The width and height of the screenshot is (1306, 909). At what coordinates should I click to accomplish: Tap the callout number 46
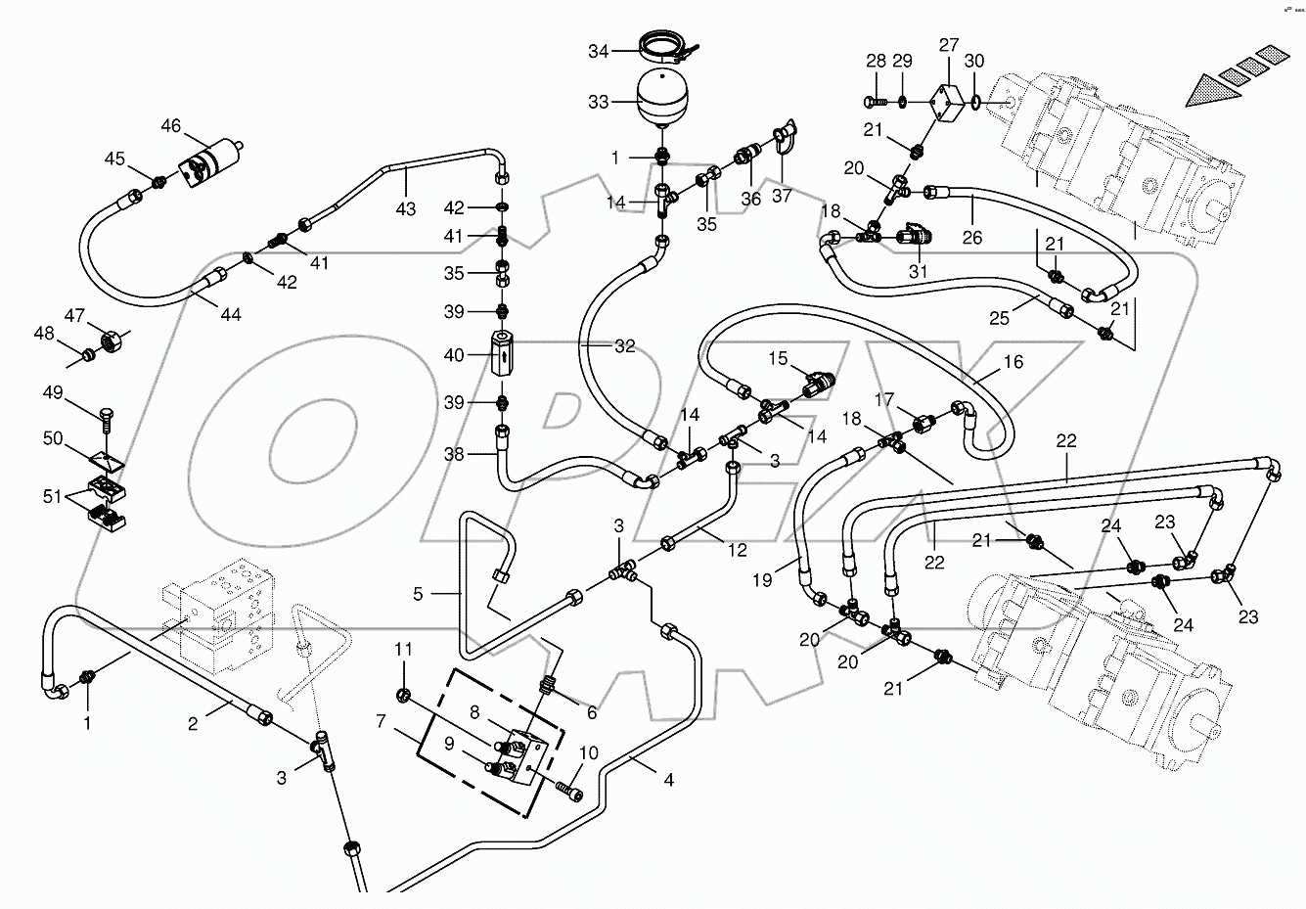[171, 126]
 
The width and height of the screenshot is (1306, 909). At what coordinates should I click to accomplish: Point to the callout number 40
[454, 355]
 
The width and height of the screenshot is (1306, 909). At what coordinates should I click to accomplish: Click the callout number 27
[949, 45]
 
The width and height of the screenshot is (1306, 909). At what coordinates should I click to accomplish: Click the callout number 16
[1013, 362]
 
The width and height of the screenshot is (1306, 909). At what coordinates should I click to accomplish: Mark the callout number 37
[782, 196]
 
